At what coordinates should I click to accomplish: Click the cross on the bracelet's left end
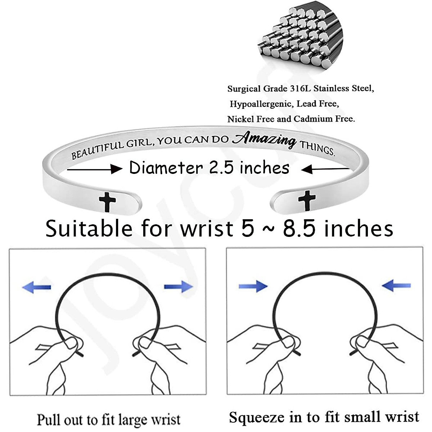tap(107, 202)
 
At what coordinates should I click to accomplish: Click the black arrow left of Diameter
tap(94, 168)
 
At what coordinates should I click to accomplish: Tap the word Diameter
tap(166, 168)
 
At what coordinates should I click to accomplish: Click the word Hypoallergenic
tap(261, 104)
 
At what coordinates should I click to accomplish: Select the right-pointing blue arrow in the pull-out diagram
tap(179, 287)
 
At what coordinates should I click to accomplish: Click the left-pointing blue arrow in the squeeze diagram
tap(396, 286)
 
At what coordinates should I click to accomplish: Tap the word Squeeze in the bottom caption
tap(256, 417)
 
